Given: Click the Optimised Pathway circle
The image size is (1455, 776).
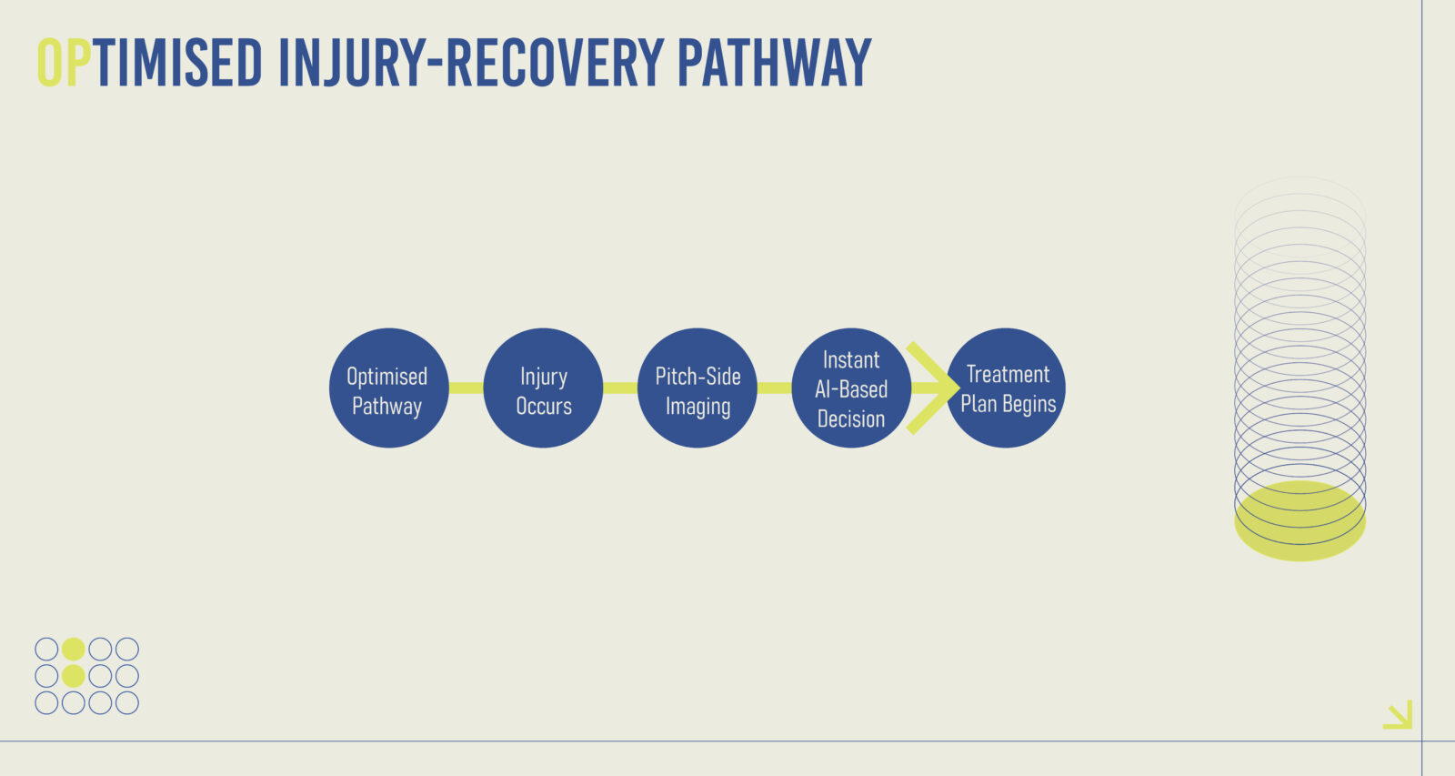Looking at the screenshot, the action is pos(388,388).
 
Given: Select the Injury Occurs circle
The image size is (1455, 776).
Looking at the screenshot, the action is pos(543,388).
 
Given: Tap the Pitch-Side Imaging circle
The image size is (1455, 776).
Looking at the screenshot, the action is pos(697,388).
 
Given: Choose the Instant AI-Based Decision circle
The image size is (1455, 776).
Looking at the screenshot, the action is pos(851,388).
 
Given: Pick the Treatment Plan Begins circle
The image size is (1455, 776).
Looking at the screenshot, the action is pos(1006,388).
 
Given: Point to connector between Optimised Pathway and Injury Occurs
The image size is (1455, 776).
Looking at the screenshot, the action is pos(466,388).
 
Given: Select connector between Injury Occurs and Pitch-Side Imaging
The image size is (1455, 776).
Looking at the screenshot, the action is pos(619,388).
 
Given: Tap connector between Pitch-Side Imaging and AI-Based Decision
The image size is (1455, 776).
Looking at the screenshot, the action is pos(774,388).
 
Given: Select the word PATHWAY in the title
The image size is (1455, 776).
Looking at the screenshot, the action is pos(774,63).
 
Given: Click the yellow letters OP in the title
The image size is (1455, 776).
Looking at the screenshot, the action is pos(64,63).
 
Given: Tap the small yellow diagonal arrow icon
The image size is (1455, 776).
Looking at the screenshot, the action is pos(1398,714).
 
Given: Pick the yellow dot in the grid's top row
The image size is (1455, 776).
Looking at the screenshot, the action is pos(74,649).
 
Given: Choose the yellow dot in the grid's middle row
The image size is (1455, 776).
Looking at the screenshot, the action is pos(74,676).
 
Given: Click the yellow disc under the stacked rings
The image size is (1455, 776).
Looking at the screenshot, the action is pos(1299,521).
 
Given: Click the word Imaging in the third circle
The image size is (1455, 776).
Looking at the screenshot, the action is pos(697,407).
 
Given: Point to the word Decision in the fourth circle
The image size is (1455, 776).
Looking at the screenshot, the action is pos(851,419).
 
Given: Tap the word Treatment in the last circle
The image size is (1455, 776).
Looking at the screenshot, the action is pos(1008,374).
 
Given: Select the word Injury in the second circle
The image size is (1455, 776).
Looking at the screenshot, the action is pos(544,378).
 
